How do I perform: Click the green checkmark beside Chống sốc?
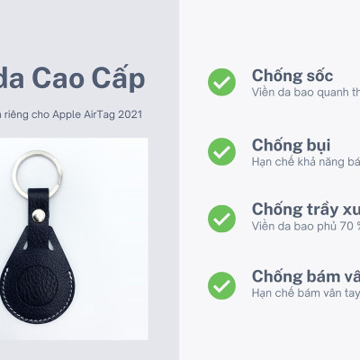click(221, 82)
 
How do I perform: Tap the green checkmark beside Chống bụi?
click(221, 150)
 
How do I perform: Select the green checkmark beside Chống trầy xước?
click(221, 217)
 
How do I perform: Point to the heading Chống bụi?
click(291, 144)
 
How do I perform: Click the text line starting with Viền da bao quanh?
click(306, 91)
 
